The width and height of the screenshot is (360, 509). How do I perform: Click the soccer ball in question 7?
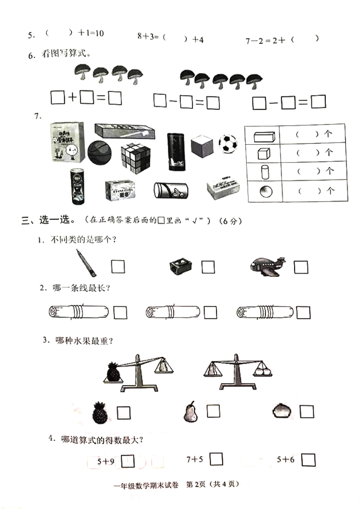pyautogui.click(x=228, y=143)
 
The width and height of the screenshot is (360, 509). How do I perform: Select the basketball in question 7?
pyautogui.click(x=99, y=152)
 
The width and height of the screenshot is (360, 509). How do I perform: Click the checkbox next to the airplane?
pyautogui.click(x=301, y=267)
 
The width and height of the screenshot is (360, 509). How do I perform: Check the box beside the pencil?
pyautogui.click(x=118, y=267)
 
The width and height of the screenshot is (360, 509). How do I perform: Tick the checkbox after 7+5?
pyautogui.click(x=216, y=459)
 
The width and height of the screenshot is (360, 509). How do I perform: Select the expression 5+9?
pyautogui.click(x=106, y=461)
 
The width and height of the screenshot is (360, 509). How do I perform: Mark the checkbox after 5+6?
pyautogui.click(x=308, y=460)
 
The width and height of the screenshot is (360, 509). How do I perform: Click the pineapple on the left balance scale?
pyautogui.click(x=113, y=371)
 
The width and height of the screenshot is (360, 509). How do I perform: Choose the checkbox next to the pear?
pyautogui.click(x=213, y=411)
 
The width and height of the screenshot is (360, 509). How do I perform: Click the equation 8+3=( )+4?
pyautogui.click(x=170, y=38)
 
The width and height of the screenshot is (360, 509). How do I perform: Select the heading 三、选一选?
pyautogui.click(x=46, y=220)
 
